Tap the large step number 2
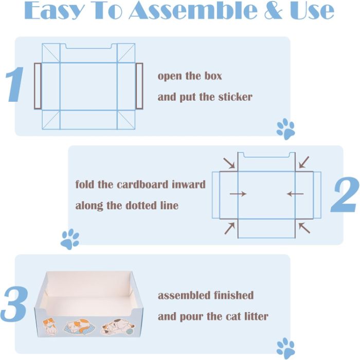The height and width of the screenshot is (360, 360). pos(344,195)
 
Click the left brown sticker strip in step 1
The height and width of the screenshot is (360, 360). pos(37,86)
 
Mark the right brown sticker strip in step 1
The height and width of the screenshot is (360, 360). pos(139,86)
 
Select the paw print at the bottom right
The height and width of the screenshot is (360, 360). pos(285,348)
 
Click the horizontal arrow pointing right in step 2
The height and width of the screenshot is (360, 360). pos(238,194)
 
